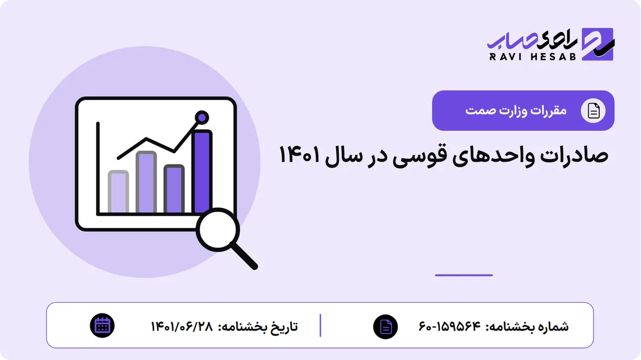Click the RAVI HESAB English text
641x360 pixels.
pos(533,57)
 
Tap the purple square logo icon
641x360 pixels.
pos(598,44)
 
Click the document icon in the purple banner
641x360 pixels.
pos(593,111)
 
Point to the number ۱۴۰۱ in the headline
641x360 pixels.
pos(299,154)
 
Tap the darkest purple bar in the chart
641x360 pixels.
pos(202,171)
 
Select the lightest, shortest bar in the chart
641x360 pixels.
pos(118,192)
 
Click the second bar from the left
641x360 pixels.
pos(146,182)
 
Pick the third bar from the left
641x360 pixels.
pos(174,189)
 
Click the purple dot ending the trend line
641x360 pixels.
pos(202,118)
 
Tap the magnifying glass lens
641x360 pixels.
pos(218,230)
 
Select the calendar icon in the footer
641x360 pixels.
pos(102,326)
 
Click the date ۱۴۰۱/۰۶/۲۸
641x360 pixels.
pos(182,326)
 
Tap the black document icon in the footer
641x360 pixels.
pos(386,327)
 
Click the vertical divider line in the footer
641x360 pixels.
pos(320,325)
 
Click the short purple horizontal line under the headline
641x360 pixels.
pos(464,275)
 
